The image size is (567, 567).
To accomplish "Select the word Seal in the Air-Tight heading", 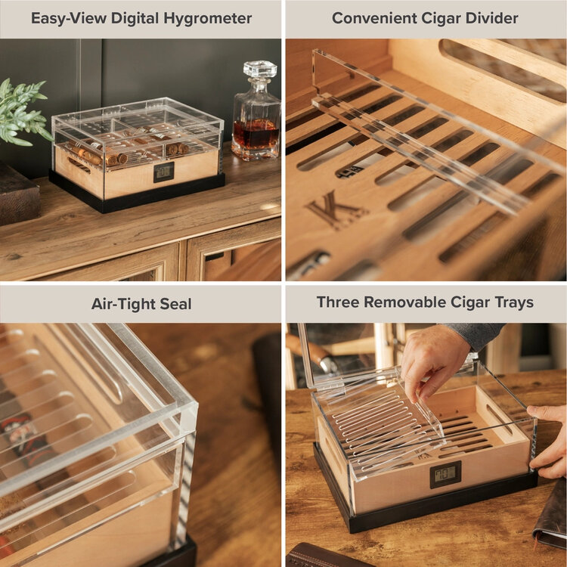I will click(x=175, y=304).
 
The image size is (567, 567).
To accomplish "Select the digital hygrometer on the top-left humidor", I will click(x=163, y=172).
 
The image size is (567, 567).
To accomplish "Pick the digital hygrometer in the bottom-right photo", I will click(x=445, y=474).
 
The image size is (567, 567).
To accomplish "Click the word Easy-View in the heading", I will click(x=67, y=18).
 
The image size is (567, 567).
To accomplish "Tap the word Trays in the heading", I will click(x=511, y=302).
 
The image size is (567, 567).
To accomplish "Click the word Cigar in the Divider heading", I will click(x=442, y=18).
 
